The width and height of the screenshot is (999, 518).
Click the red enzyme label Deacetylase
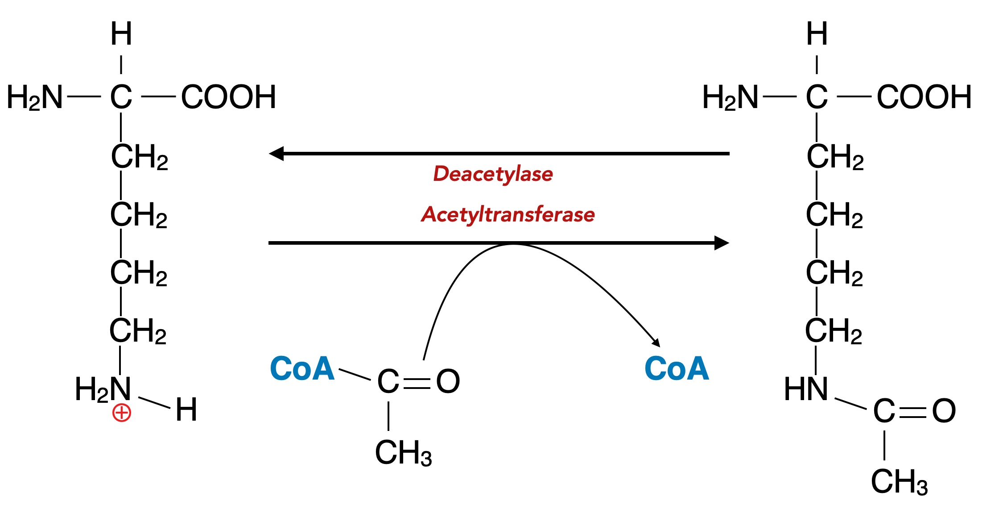coord(493,174)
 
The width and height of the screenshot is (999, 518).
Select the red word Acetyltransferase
coord(508,214)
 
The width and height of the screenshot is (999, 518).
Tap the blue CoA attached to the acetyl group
coord(302,368)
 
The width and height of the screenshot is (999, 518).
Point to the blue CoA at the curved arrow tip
coord(677,368)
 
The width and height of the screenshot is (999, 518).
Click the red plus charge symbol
coord(121,413)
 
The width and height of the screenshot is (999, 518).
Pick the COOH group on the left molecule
coord(228,97)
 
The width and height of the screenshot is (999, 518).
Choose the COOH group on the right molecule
coord(924,97)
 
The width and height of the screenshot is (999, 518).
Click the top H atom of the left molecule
coord(121,34)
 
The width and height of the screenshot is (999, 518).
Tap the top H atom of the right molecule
coord(817,34)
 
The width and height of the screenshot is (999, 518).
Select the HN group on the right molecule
coord(805,389)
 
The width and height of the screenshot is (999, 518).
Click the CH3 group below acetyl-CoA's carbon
coord(403,453)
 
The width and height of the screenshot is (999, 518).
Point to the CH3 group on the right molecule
coord(899,482)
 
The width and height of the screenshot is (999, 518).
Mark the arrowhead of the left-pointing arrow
coord(277,154)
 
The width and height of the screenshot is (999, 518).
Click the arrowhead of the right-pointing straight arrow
coord(721,243)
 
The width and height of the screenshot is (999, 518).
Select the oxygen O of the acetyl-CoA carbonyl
coord(448,381)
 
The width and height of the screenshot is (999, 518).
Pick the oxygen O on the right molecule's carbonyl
coord(944,411)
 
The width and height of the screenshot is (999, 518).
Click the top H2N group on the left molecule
coord(35,97)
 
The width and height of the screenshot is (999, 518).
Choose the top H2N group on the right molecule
coord(730,97)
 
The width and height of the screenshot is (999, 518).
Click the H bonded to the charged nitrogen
coord(186,409)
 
